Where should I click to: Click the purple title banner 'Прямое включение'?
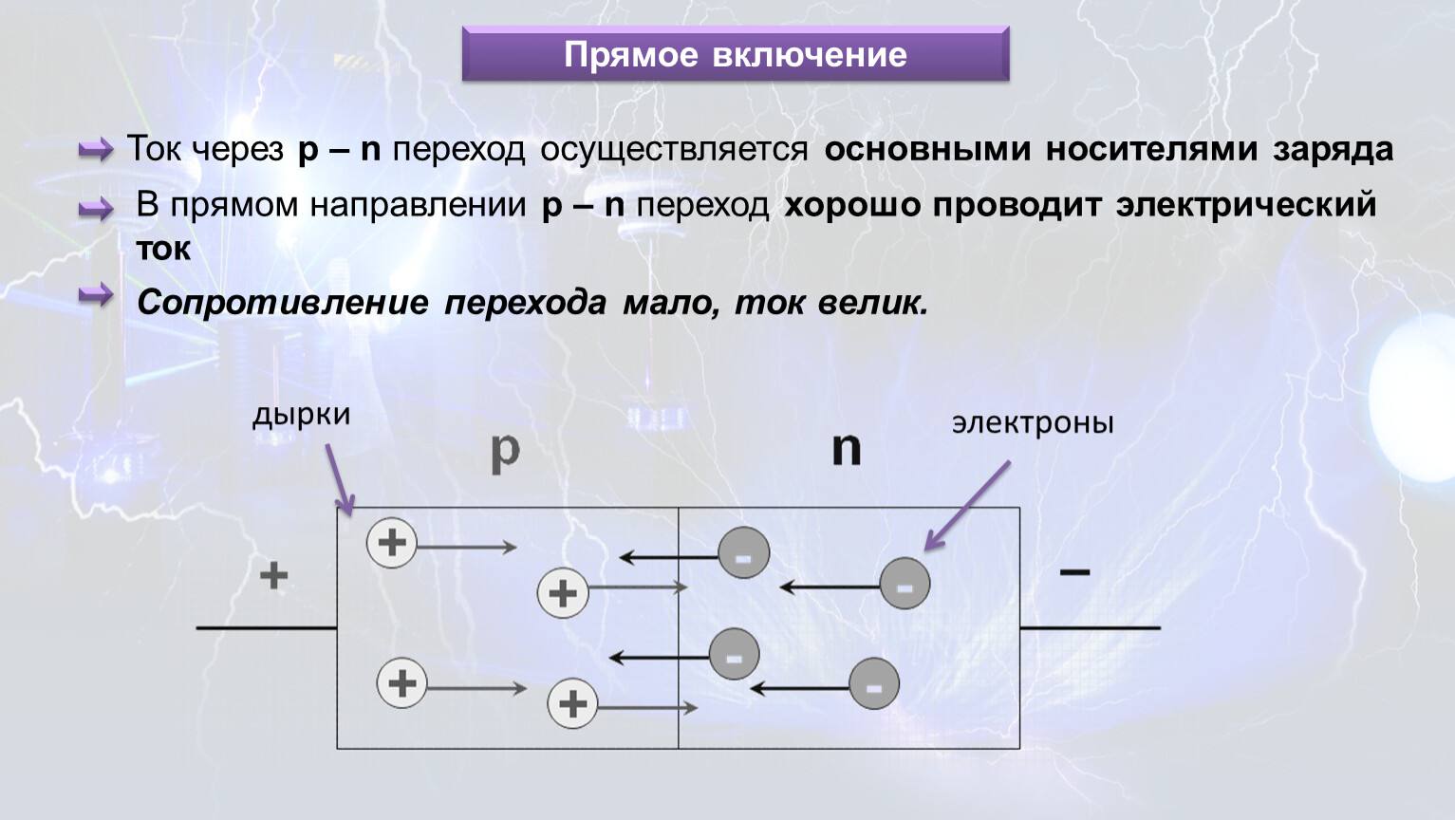tap(735, 54)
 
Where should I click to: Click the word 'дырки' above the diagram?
tap(301, 416)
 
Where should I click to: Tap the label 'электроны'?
tap(1033, 423)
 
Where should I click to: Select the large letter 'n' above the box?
tap(846, 448)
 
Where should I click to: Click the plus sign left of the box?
tap(273, 575)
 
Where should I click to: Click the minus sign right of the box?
tap(1074, 571)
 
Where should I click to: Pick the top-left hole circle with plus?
tap(391, 543)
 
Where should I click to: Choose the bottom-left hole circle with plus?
tap(401, 683)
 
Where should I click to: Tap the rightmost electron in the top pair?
tap(905, 583)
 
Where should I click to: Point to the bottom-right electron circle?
tap(873, 683)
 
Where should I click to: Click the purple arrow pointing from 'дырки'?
tap(339, 479)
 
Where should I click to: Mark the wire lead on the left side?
tap(266, 627)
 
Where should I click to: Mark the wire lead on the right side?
tap(1090, 627)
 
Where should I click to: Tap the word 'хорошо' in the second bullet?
tap(851, 205)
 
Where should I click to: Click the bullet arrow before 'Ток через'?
tap(96, 149)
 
